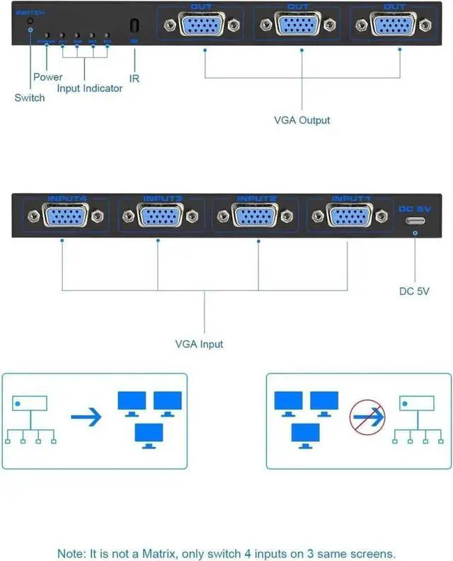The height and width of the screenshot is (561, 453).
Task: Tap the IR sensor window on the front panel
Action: (x=134, y=25)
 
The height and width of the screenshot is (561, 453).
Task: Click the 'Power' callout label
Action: (x=47, y=76)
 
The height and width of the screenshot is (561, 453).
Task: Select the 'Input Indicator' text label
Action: (x=90, y=88)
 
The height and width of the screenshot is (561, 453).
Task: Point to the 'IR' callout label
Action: (x=134, y=79)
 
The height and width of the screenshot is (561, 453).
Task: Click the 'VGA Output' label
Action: (x=302, y=120)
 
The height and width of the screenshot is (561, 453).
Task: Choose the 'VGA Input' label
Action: (x=199, y=344)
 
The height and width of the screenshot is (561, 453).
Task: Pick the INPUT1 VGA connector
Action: (x=349, y=215)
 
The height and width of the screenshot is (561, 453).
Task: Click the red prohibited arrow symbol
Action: (x=367, y=417)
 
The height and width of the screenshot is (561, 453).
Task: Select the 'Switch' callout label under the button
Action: (x=30, y=98)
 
